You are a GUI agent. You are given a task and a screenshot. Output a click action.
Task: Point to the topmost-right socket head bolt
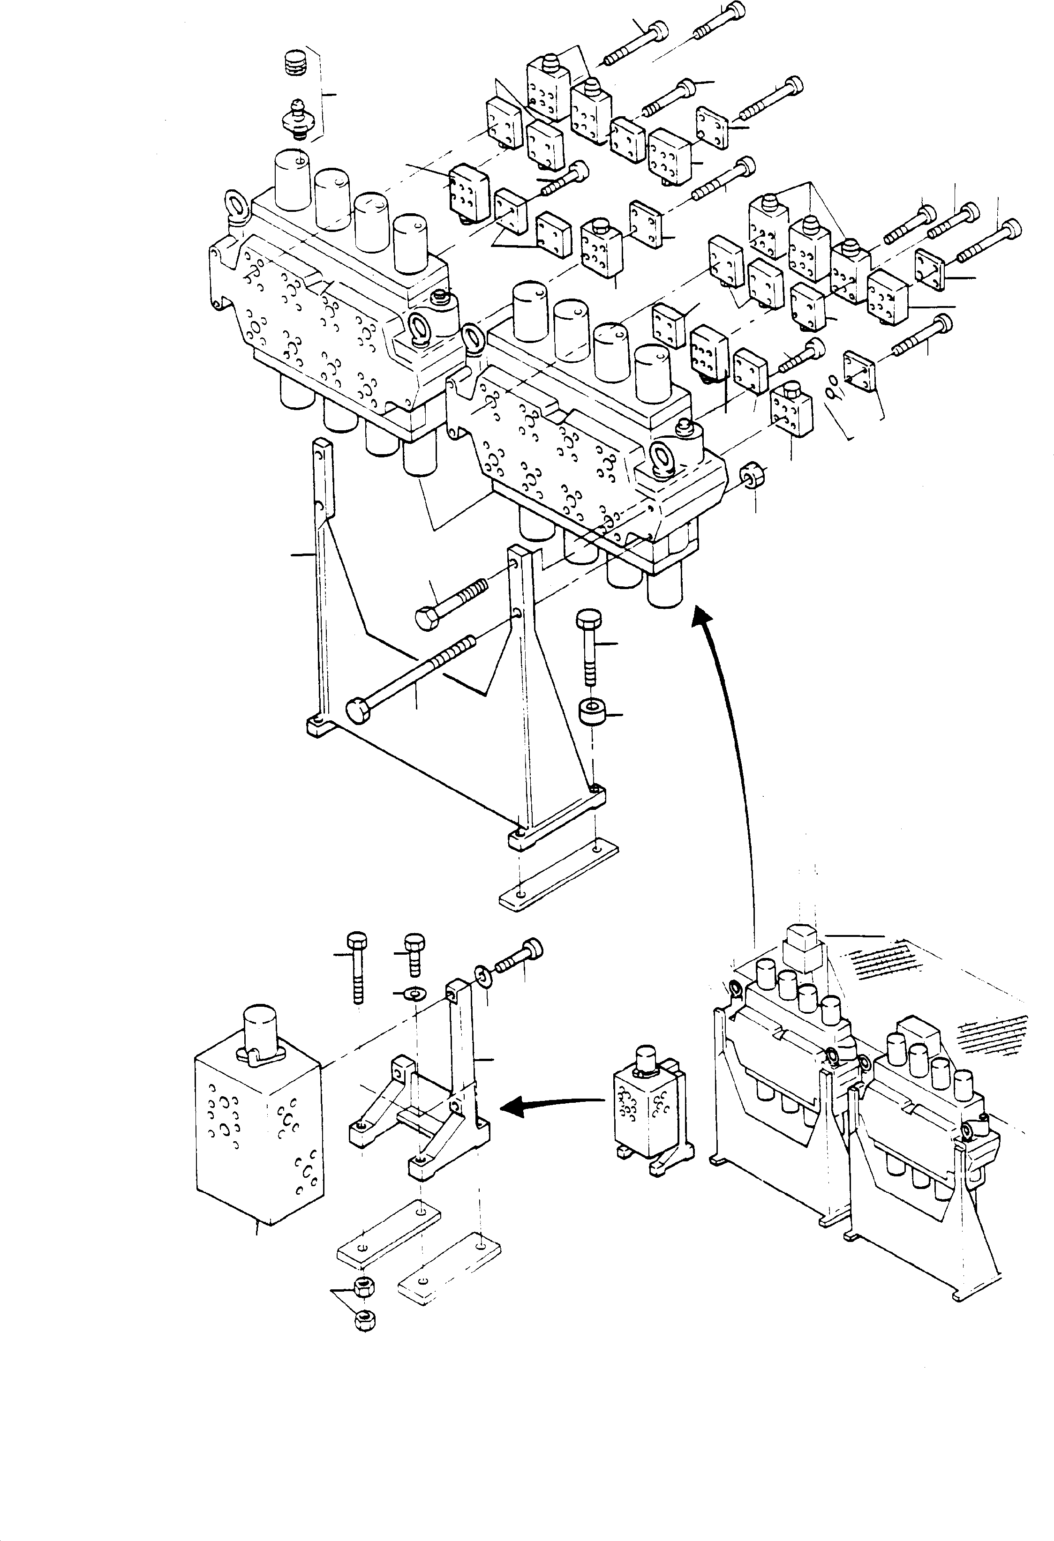tap(720, 21)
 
